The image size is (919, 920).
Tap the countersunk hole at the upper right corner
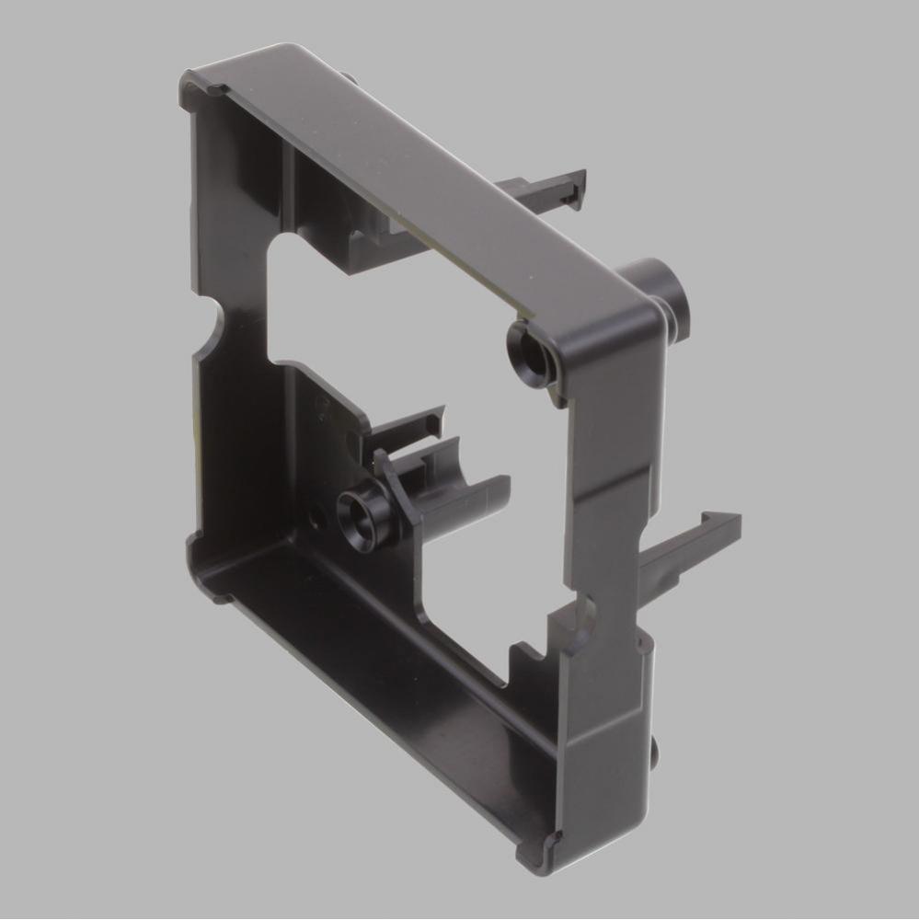click(529, 349)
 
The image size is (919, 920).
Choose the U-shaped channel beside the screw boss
click(460, 483)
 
